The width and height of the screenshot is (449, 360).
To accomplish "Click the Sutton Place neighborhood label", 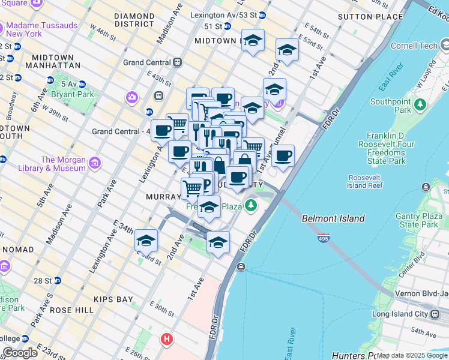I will pos(370,17).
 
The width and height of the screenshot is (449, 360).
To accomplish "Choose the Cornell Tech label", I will pos(411,46).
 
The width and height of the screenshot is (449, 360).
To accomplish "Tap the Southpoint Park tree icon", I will pos(420,105).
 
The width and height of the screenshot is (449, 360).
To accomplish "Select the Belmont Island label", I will pos(333,218).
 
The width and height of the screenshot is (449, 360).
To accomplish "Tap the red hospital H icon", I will pos(167,340).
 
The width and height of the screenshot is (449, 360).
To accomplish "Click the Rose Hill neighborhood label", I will pos(71,310).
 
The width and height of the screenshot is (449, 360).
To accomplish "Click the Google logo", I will pos(20,353).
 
